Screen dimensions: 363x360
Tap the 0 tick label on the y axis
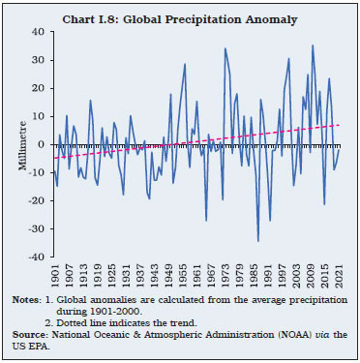tap(44, 144)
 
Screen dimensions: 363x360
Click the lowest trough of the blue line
tap(258, 241)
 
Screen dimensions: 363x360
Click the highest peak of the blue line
tap(313, 45)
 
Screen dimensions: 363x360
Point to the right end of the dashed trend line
tap(339, 124)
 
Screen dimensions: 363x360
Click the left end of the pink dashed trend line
tap(54, 158)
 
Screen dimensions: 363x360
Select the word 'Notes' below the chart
tap(27, 302)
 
